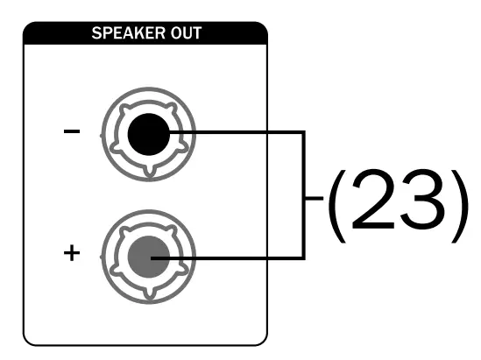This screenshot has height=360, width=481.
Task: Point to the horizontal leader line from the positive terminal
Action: [237, 257]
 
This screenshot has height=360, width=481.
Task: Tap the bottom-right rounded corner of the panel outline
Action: [260, 337]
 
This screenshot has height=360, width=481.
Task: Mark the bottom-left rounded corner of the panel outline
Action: [30, 337]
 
